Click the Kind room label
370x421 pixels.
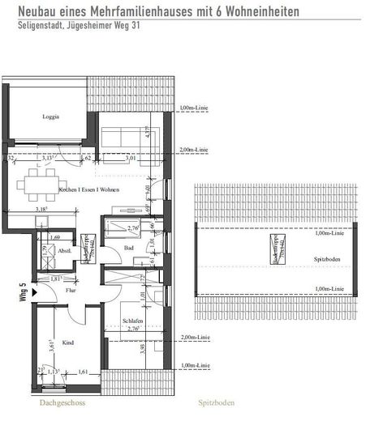point(68,343)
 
